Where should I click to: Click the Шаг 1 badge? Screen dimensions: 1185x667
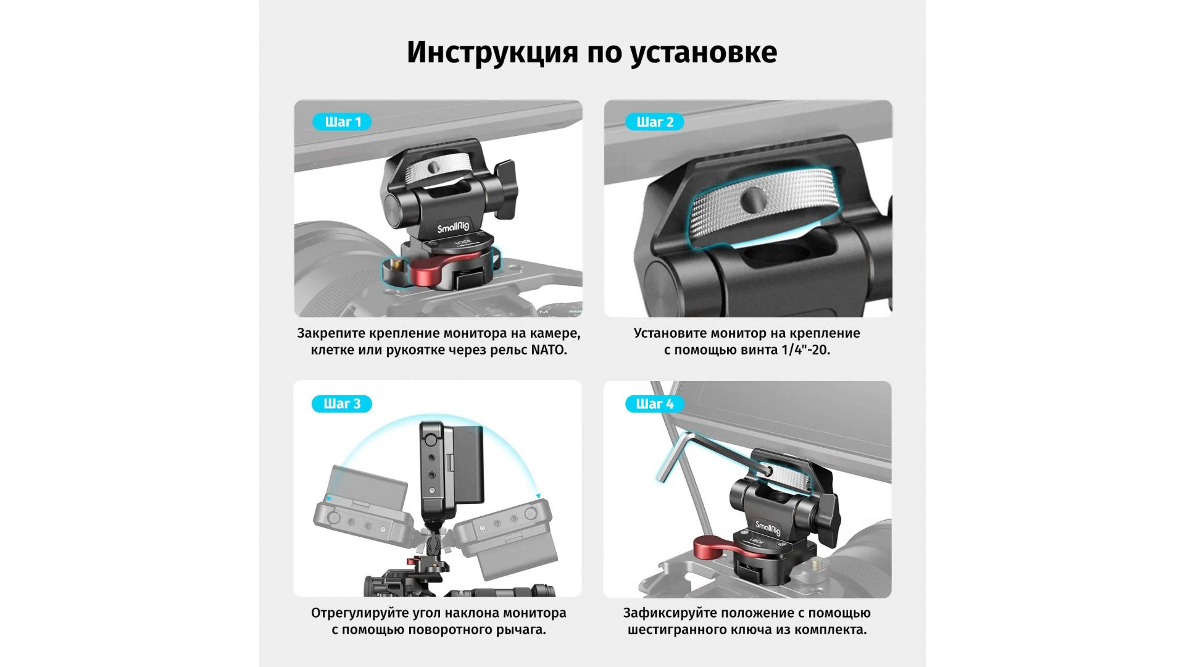[342, 122]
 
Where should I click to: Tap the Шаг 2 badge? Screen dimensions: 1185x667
[654, 122]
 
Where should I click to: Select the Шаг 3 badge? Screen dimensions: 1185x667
[342, 404]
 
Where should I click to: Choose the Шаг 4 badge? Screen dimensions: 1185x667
[654, 404]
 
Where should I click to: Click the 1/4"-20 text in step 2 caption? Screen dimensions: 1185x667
[805, 350]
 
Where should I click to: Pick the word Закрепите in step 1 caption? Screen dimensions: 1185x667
[331, 334]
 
